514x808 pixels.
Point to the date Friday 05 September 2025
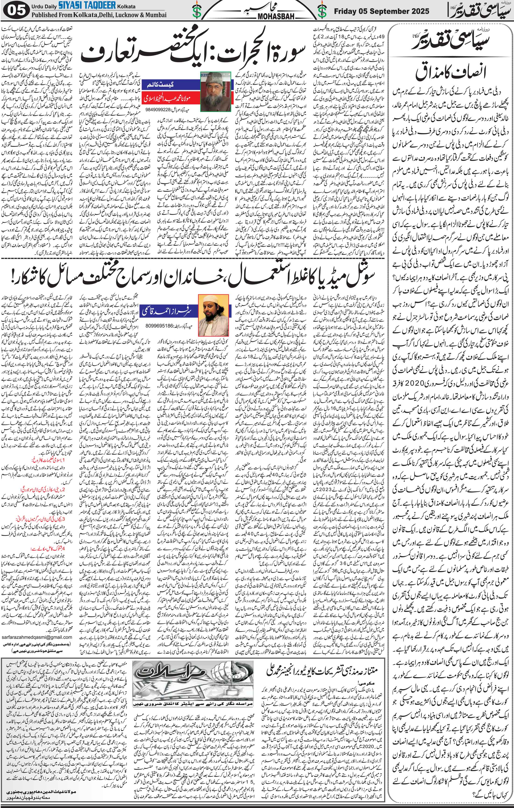pyautogui.click(x=381, y=11)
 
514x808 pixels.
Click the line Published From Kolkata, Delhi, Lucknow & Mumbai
pyautogui.click(x=99, y=15)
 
